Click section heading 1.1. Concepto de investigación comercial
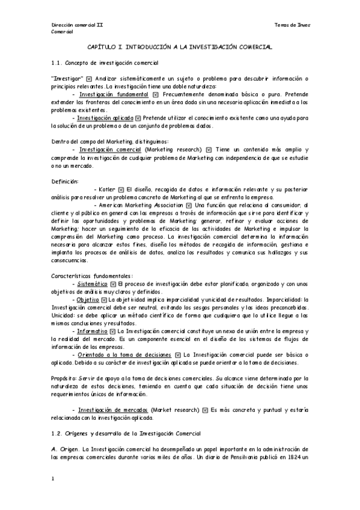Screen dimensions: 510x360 pos(105,63)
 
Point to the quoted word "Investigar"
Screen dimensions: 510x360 pos(67,79)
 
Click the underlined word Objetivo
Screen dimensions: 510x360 pos(88,299)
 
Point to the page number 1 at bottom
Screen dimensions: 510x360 pos(53,479)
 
